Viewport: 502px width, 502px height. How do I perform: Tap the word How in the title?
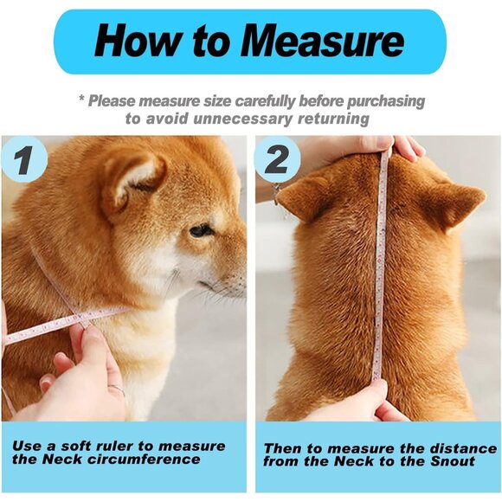tap(132, 41)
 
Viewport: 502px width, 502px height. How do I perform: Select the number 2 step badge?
tap(279, 160)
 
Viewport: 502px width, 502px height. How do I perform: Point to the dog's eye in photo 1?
tap(201, 231)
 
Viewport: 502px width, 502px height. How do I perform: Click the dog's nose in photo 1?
tap(240, 283)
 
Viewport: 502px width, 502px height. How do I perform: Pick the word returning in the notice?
tap(326, 119)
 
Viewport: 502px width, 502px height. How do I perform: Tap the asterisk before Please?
tap(81, 100)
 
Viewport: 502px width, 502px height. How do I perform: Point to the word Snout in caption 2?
tap(452, 461)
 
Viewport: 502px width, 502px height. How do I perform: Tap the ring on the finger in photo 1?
tap(115, 390)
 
